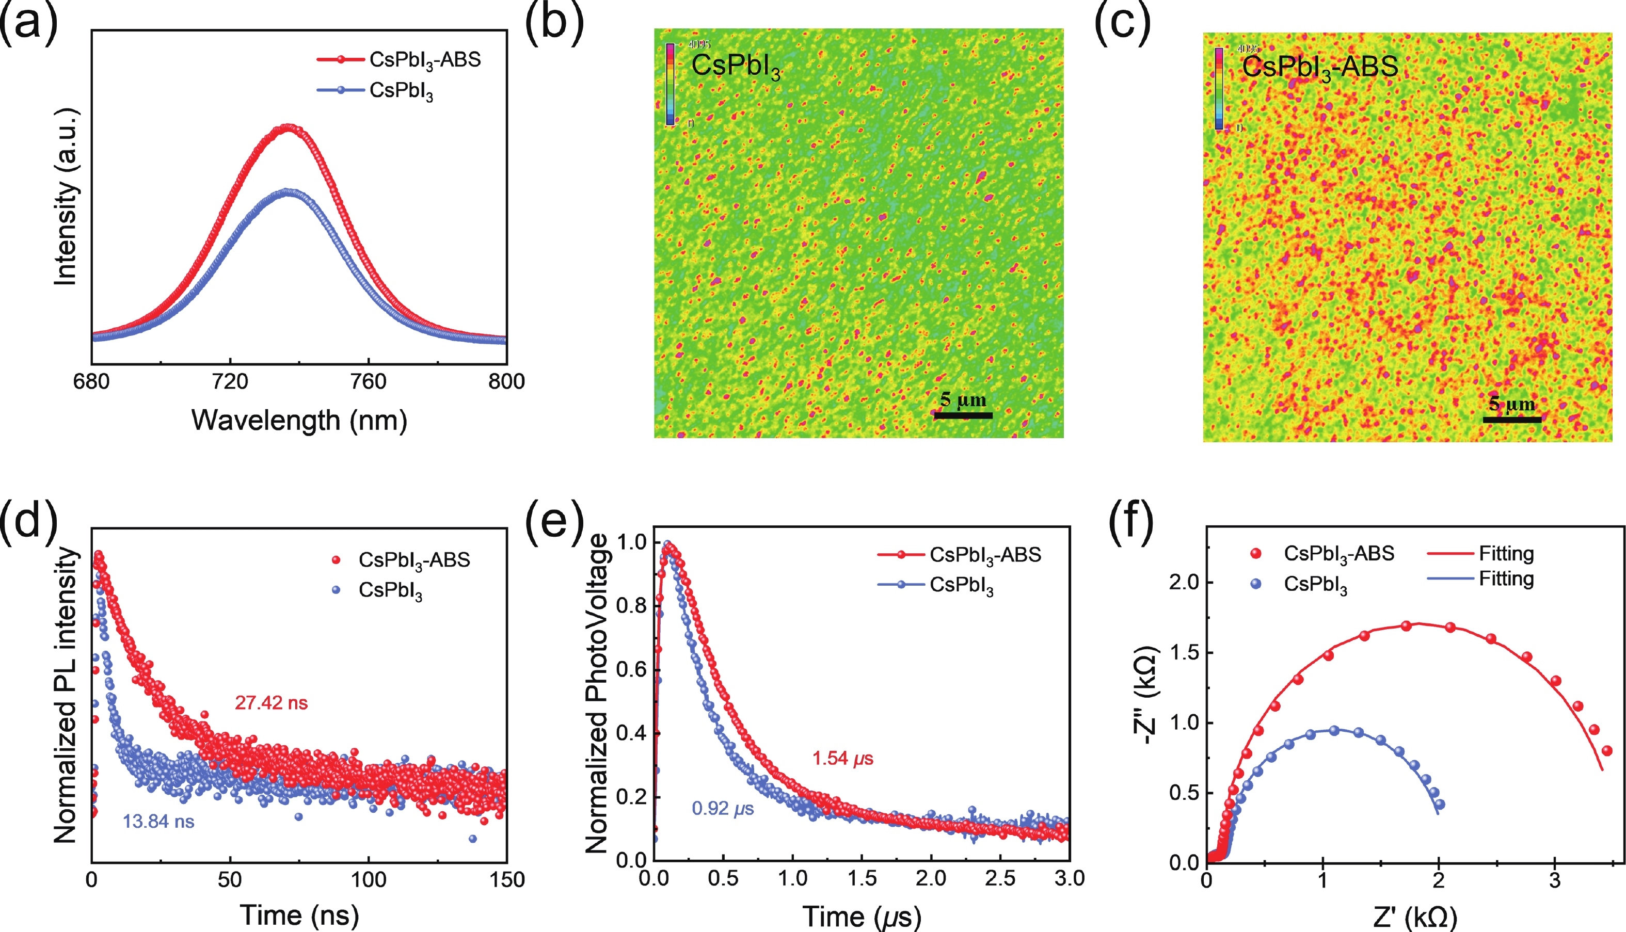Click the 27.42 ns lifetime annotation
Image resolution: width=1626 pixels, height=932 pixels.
click(271, 703)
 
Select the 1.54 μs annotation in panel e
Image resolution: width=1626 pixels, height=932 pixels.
click(842, 759)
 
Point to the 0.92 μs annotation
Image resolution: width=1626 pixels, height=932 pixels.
click(723, 809)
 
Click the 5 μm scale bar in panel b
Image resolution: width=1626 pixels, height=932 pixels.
click(963, 415)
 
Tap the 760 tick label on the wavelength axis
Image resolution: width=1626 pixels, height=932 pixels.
click(368, 381)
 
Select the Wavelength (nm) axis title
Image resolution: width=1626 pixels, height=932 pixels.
click(299, 421)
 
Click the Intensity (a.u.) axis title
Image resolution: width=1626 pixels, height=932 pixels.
click(66, 197)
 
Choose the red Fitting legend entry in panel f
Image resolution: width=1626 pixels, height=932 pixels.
click(1481, 554)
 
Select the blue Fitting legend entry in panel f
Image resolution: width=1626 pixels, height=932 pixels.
click(1481, 580)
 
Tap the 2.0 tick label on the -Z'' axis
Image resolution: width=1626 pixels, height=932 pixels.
click(1183, 583)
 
